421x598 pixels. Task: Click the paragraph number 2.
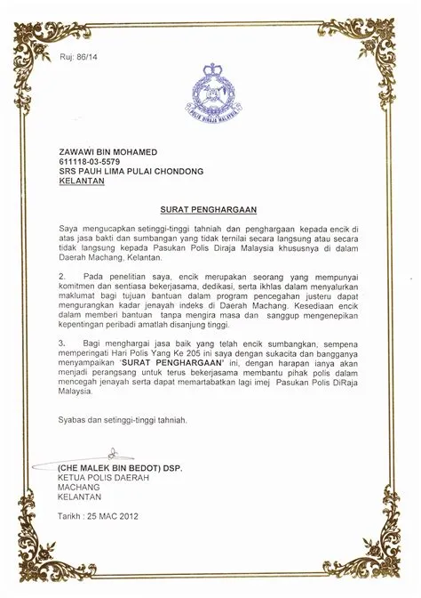62,278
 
